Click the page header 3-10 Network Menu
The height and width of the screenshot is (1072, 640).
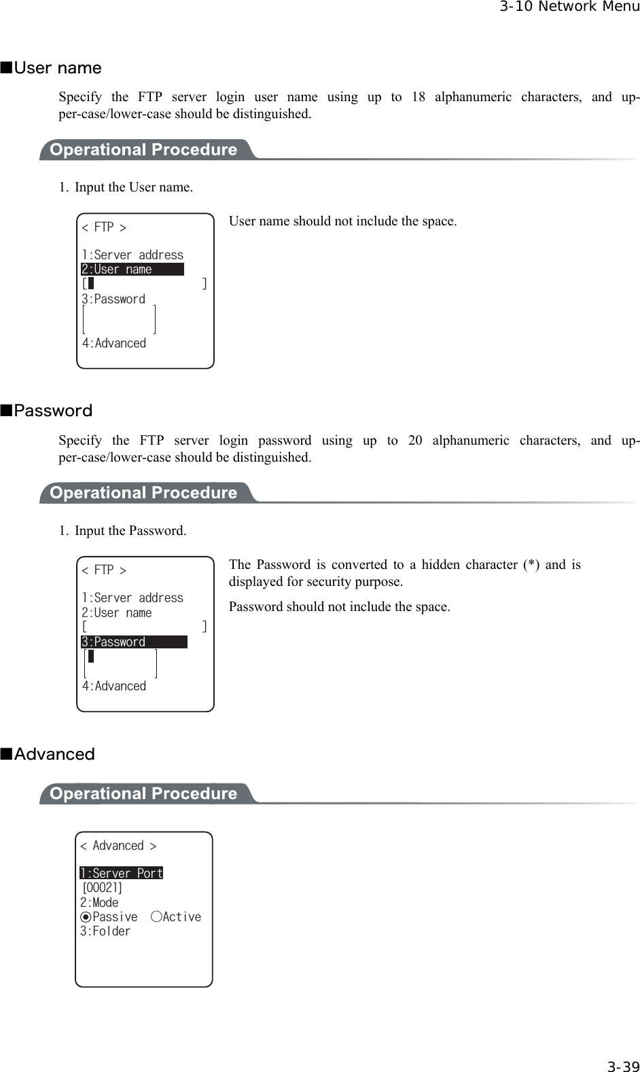(569, 7)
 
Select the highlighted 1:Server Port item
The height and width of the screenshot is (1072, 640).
(122, 873)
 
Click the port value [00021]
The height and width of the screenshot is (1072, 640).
(102, 888)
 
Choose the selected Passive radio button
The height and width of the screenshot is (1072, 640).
(86, 917)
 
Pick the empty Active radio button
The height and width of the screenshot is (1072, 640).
(156, 917)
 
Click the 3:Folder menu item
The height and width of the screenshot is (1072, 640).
(105, 931)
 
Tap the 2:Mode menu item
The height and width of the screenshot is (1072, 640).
(99, 903)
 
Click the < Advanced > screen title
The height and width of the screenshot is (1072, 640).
(118, 846)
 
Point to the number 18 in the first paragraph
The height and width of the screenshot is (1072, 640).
(419, 96)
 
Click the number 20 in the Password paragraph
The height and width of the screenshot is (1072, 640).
(415, 440)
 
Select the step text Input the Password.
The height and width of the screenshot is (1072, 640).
(130, 531)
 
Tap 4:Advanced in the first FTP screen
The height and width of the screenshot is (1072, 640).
(114, 344)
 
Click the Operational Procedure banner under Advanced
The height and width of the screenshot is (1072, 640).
(143, 794)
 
